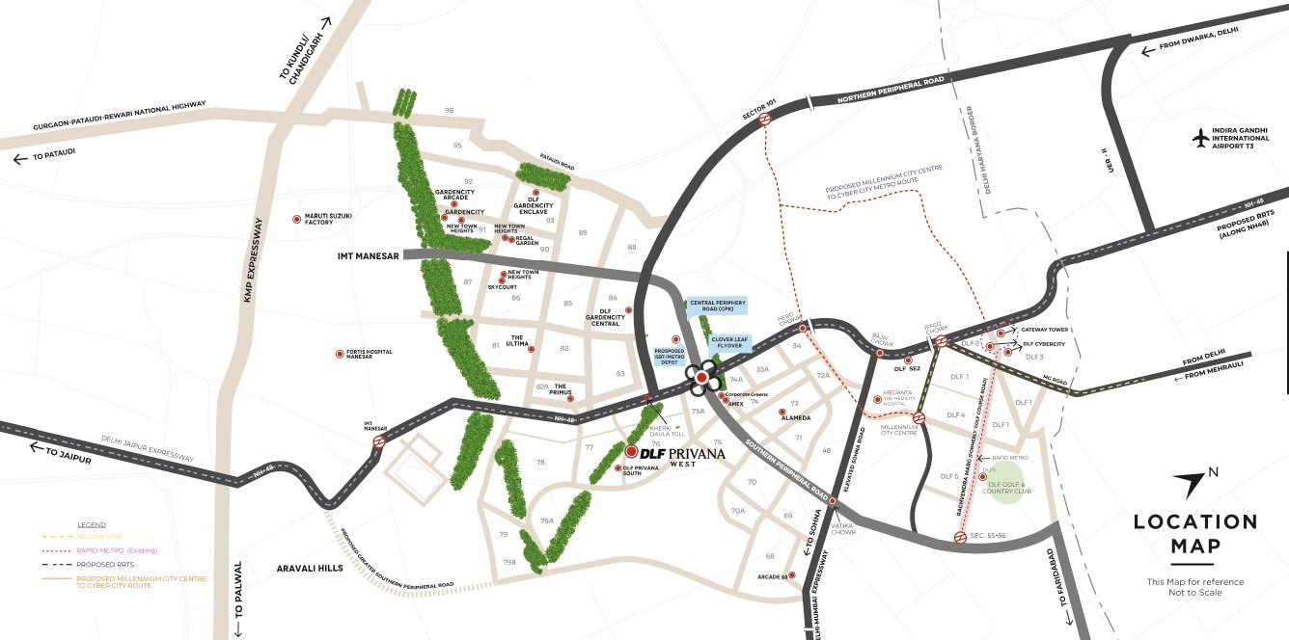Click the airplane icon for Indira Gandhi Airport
pyautogui.click(x=1201, y=138)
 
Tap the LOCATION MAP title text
pyautogui.click(x=1194, y=534)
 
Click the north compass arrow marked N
pyautogui.click(x=1197, y=482)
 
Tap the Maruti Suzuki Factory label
pyautogui.click(x=318, y=220)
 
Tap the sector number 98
pyautogui.click(x=449, y=111)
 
